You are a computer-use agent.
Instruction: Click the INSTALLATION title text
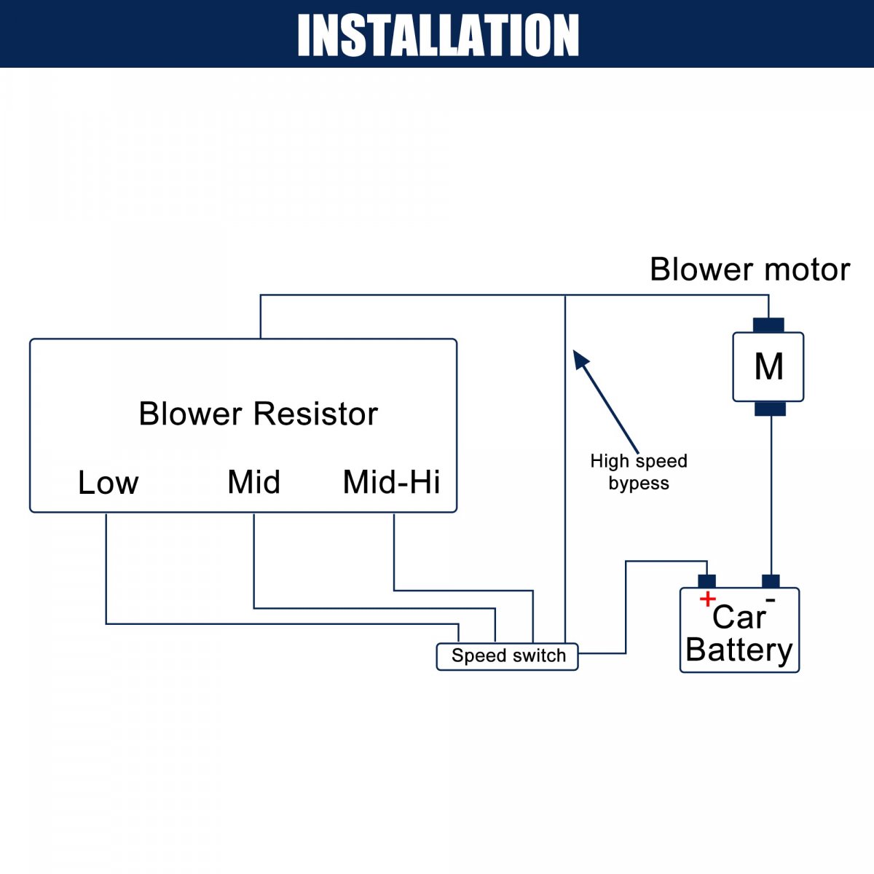tap(438, 35)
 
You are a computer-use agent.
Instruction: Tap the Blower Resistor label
tap(258, 414)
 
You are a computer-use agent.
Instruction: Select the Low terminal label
tap(108, 482)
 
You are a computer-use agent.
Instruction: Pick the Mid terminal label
tap(253, 482)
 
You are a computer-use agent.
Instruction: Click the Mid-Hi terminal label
tap(391, 482)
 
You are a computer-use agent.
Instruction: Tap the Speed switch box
tap(508, 656)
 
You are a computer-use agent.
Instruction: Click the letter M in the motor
tap(768, 366)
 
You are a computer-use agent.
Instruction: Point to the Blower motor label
tap(749, 269)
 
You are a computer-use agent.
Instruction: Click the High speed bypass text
tap(639, 472)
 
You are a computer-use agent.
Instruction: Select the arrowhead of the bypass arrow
tap(580, 359)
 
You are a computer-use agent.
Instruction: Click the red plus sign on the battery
tap(706, 599)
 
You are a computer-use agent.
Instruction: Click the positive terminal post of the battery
tap(706, 581)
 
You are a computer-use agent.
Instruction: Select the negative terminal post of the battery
tap(771, 581)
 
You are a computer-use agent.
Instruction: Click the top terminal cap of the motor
tap(768, 325)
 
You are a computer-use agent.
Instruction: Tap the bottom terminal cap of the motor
tap(770, 409)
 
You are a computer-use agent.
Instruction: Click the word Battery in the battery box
tap(739, 650)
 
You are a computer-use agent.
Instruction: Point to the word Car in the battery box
tap(739, 618)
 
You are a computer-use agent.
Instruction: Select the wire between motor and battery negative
tap(771, 495)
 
